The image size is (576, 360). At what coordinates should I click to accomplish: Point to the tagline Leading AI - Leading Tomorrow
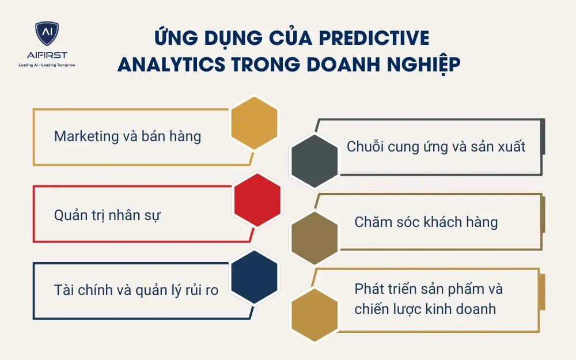[47, 65]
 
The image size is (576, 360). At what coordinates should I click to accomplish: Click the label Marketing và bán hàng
[127, 137]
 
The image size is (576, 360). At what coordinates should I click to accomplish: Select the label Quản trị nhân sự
[107, 215]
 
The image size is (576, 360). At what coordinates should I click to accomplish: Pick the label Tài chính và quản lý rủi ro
[136, 290]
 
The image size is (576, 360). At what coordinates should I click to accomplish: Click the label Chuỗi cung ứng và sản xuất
[436, 146]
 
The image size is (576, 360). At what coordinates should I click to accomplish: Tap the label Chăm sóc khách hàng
[426, 222]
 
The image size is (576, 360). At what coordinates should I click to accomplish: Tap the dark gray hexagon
[314, 161]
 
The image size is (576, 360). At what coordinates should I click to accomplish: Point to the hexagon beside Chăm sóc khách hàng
[314, 237]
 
